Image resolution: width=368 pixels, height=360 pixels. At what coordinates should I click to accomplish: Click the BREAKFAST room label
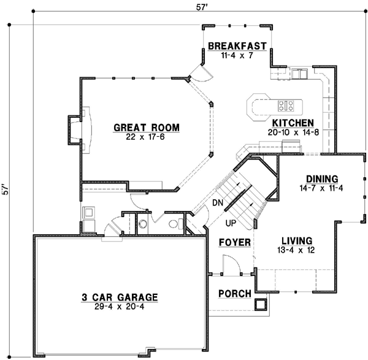tap(237, 46)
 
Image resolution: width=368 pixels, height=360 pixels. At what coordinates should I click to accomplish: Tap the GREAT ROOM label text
tap(146, 128)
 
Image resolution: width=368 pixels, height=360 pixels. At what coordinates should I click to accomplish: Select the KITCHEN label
tap(293, 123)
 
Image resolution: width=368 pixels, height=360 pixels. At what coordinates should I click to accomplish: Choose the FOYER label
tap(234, 243)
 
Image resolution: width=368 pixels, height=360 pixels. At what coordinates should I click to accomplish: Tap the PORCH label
tap(235, 294)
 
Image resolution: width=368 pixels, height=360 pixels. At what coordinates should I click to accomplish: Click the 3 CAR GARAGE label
tap(120, 297)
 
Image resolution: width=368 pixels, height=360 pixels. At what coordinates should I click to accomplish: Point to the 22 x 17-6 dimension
tap(146, 137)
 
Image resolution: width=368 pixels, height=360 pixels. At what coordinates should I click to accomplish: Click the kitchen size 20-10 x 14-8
tap(293, 132)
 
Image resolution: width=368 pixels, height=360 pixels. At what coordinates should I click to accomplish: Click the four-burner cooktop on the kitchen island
tap(286, 104)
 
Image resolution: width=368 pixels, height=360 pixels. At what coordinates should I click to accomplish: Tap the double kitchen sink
tap(300, 74)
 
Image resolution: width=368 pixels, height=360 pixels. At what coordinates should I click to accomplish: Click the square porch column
tap(261, 304)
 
